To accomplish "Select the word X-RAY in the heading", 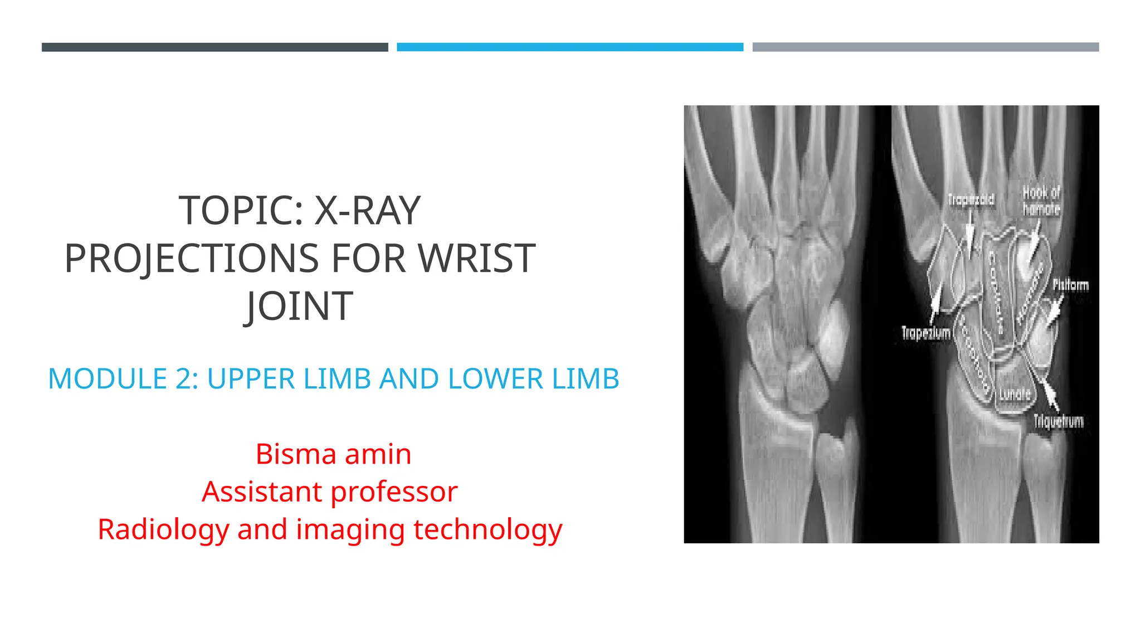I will pyautogui.click(x=367, y=211).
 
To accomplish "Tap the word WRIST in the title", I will pyautogui.click(x=476, y=259).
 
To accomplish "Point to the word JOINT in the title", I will pyautogui.click(x=299, y=307).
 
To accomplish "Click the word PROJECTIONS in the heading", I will pyautogui.click(x=192, y=259).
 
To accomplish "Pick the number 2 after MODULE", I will pyautogui.click(x=183, y=379).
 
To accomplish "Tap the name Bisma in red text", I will pyautogui.click(x=295, y=454).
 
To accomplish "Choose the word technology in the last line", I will pyautogui.click(x=488, y=529).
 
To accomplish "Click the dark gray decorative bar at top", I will pyautogui.click(x=214, y=47).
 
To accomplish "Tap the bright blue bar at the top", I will pyautogui.click(x=570, y=47).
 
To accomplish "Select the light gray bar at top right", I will pyautogui.click(x=925, y=47).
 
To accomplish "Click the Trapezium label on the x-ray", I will pyautogui.click(x=926, y=333).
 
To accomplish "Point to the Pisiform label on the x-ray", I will pyautogui.click(x=1070, y=285).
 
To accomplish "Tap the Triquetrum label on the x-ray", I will pyautogui.click(x=1059, y=421).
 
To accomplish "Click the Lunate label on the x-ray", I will pyautogui.click(x=1015, y=395).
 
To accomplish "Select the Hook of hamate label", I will pyautogui.click(x=1041, y=201).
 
